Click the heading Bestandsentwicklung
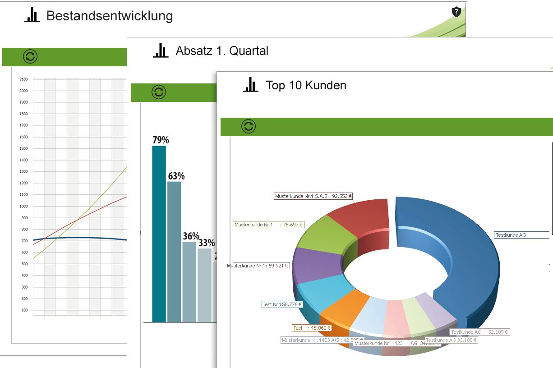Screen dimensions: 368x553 tap(110, 16)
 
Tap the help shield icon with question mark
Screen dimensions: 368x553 tap(456, 12)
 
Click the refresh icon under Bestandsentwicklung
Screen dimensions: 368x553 tap(30, 57)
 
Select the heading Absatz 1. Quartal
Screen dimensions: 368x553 tap(222, 51)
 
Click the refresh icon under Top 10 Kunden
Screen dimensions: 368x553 tap(249, 126)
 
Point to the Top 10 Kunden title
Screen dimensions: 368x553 tap(306, 85)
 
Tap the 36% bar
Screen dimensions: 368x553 tap(189, 281)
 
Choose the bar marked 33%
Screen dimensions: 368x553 tap(204, 285)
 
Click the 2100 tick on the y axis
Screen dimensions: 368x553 tap(23, 79)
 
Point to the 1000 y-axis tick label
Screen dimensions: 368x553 tap(23, 206)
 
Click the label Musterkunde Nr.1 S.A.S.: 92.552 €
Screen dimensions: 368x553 tap(313, 197)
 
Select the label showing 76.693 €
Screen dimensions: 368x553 tap(268, 224)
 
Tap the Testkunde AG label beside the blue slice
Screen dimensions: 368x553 tap(511, 235)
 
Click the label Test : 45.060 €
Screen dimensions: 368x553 tap(312, 328)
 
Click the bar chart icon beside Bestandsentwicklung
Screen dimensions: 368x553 tap(32, 15)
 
